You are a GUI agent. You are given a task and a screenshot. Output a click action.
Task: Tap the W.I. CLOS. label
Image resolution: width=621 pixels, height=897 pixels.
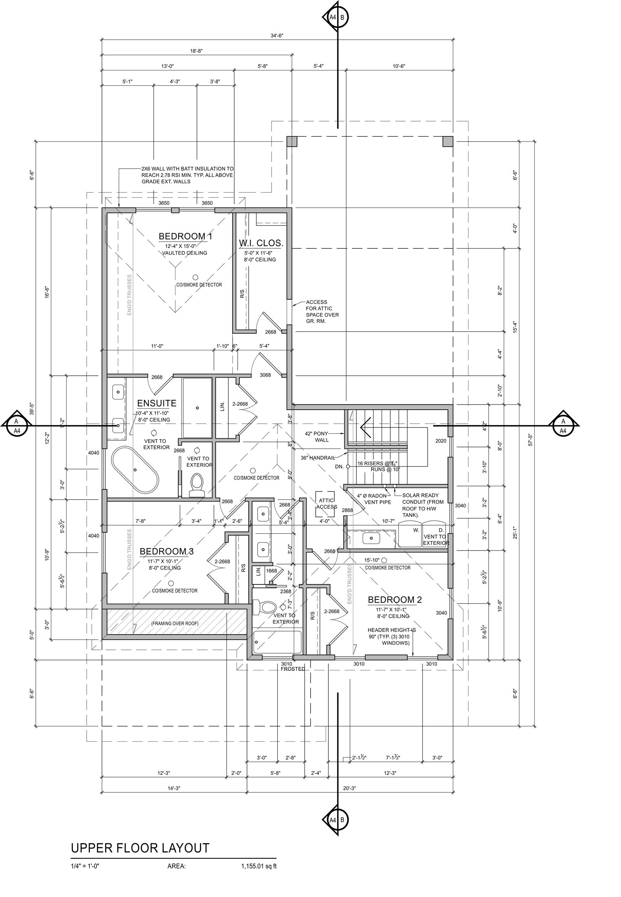(261, 243)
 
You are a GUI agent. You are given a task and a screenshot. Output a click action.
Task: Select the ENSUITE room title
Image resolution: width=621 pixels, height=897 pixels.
(156, 403)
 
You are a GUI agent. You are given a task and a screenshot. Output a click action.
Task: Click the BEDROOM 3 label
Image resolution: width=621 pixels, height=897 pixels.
(167, 551)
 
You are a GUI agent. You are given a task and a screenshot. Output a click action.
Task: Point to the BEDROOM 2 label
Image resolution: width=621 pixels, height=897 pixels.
(395, 600)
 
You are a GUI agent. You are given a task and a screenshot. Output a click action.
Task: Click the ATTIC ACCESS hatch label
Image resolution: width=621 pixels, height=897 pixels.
(326, 503)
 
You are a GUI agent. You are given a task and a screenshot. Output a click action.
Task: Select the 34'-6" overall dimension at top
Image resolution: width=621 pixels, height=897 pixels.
(277, 35)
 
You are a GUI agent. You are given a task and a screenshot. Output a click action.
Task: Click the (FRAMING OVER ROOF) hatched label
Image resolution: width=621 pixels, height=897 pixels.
(175, 624)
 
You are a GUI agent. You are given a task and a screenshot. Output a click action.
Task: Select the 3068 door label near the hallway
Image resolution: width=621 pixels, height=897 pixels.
(265, 375)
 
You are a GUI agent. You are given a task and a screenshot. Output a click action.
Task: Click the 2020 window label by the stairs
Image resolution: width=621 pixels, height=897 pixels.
(440, 441)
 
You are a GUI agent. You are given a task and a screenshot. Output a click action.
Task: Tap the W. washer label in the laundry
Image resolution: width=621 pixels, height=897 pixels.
(416, 530)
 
